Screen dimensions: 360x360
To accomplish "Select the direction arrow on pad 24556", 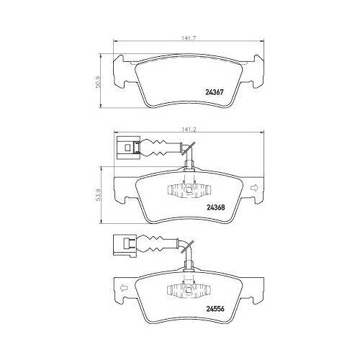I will click(x=123, y=289).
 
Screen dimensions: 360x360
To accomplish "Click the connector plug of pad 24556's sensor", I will click(x=124, y=245).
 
